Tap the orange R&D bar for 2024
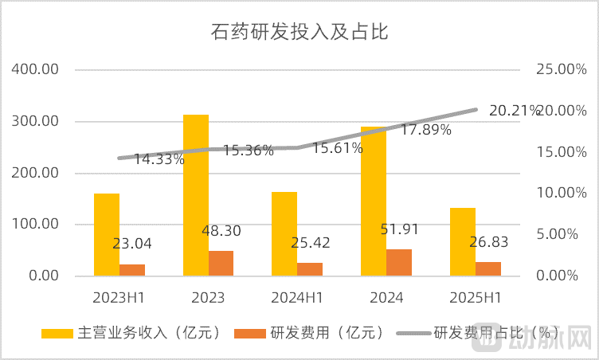[399, 262]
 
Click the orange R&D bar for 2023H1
[132, 269]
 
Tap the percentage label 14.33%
[159, 158]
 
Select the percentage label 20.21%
[515, 111]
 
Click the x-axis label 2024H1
[297, 298]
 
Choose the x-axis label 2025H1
[476, 298]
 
